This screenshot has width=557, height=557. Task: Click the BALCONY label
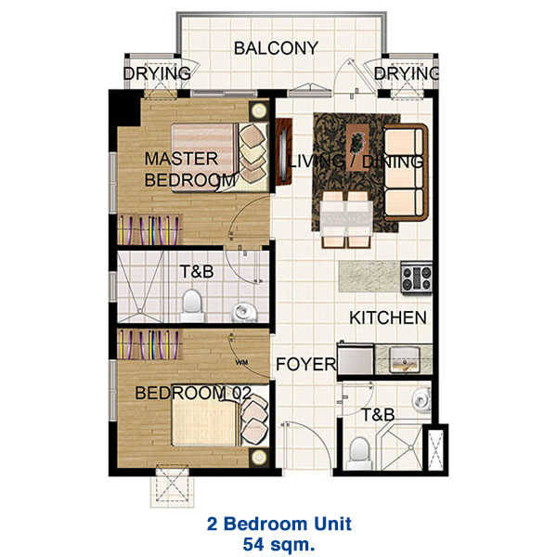tap(276, 48)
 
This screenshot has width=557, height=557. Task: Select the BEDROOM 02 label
tap(192, 394)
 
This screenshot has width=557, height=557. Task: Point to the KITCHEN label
tap(387, 318)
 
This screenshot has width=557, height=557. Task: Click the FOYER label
tap(305, 365)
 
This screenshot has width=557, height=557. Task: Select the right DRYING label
tap(407, 73)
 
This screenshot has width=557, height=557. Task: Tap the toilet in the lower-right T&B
tap(359, 453)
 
